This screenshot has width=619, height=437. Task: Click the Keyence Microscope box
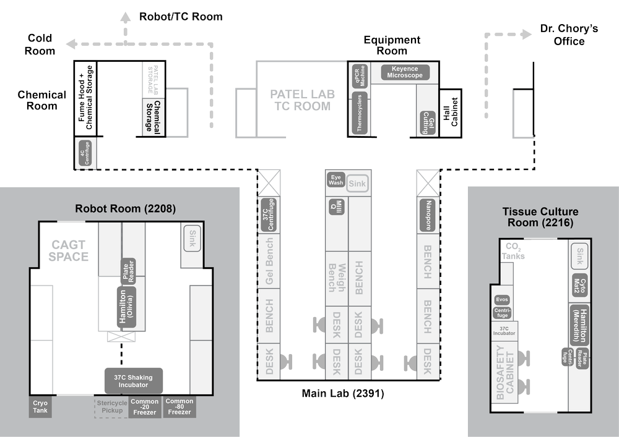pyautogui.click(x=404, y=72)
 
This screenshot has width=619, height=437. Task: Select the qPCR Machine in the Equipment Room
pyautogui.click(x=359, y=75)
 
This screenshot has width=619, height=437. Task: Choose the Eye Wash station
pyautogui.click(x=335, y=179)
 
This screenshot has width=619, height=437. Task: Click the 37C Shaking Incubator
pyautogui.click(x=134, y=381)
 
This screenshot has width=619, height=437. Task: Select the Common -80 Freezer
pyautogui.click(x=180, y=407)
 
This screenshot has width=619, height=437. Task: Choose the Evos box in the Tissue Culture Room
pyautogui.click(x=502, y=300)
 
